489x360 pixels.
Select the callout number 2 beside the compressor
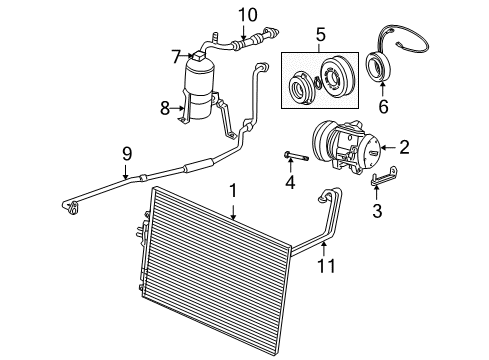(405, 147)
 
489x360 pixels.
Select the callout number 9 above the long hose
(126, 153)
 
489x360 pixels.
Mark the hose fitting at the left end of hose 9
(69, 207)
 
